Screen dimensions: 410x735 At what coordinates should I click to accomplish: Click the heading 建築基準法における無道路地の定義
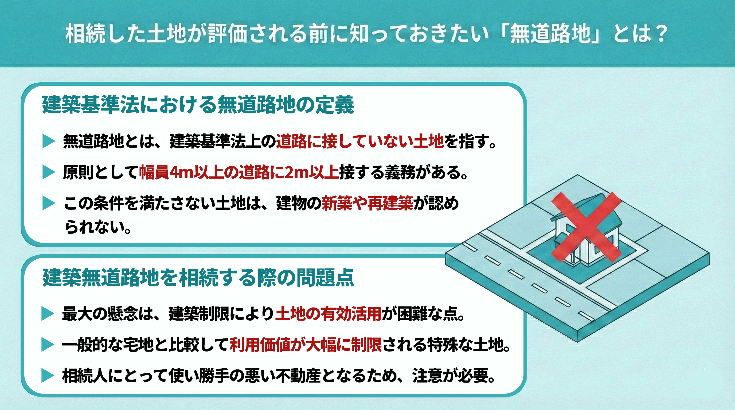pos(198,105)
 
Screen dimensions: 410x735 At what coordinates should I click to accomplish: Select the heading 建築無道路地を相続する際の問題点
pos(198,277)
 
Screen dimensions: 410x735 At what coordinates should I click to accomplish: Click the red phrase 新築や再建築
pos(367,203)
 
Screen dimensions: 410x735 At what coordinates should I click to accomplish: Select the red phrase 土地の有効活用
pos(328,314)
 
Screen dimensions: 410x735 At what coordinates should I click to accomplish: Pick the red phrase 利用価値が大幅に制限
pos(306,345)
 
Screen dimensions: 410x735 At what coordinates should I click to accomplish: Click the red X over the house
pos(586,227)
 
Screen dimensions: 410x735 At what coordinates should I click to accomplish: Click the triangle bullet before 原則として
pos(48,172)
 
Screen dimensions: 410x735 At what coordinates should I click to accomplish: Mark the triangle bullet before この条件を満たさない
pos(48,203)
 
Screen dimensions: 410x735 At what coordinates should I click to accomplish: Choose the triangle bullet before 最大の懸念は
pos(47,314)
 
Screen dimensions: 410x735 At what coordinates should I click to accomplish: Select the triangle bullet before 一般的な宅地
pos(47,345)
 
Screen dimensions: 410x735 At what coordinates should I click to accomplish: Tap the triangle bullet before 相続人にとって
pos(47,376)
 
